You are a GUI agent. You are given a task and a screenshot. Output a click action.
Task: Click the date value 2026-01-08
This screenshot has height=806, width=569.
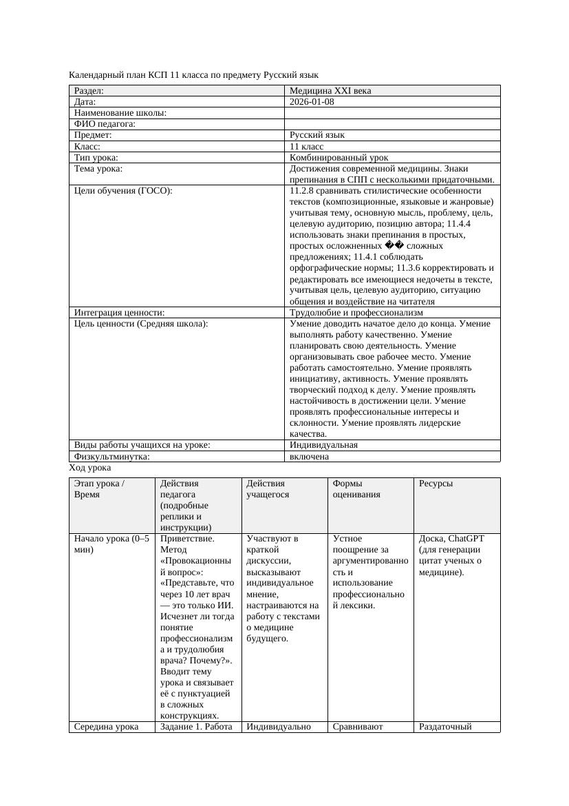click(312, 101)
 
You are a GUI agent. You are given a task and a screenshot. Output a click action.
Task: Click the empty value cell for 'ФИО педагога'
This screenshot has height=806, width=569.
click(391, 124)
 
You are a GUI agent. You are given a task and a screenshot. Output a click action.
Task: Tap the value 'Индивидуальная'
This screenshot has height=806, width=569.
click(323, 445)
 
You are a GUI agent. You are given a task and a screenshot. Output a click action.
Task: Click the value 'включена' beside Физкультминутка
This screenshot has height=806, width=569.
click(309, 456)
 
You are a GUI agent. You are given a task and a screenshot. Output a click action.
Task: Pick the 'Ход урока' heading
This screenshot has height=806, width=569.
click(90, 467)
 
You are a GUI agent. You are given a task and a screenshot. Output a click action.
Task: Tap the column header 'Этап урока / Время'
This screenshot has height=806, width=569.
click(99, 489)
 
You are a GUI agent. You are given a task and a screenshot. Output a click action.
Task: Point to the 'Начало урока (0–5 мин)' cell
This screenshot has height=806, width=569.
click(111, 544)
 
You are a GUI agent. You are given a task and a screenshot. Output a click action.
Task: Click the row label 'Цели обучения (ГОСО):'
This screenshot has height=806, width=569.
click(122, 190)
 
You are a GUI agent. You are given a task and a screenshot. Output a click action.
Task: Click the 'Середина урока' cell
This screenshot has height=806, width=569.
click(106, 726)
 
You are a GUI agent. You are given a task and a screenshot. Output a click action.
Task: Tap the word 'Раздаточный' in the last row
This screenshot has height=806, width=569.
click(445, 726)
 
